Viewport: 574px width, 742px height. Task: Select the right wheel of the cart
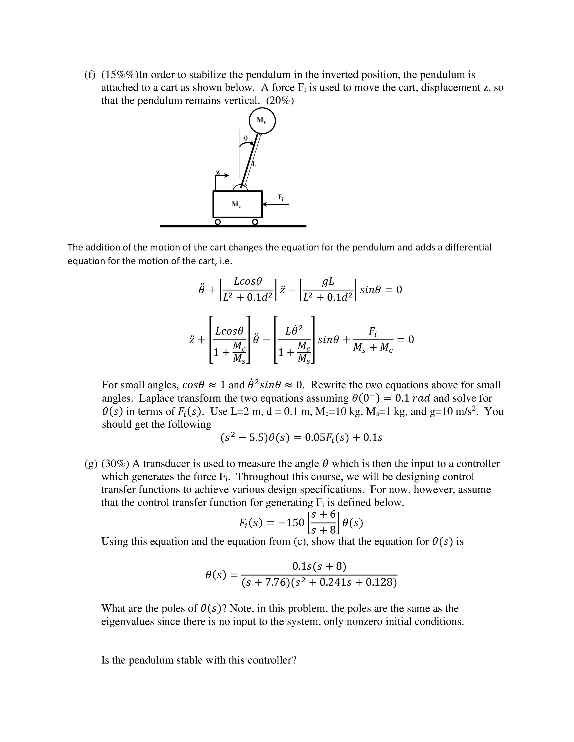pos(255,222)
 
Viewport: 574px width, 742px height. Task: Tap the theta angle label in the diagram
pos(246,138)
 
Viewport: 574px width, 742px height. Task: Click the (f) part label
pos(90,75)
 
